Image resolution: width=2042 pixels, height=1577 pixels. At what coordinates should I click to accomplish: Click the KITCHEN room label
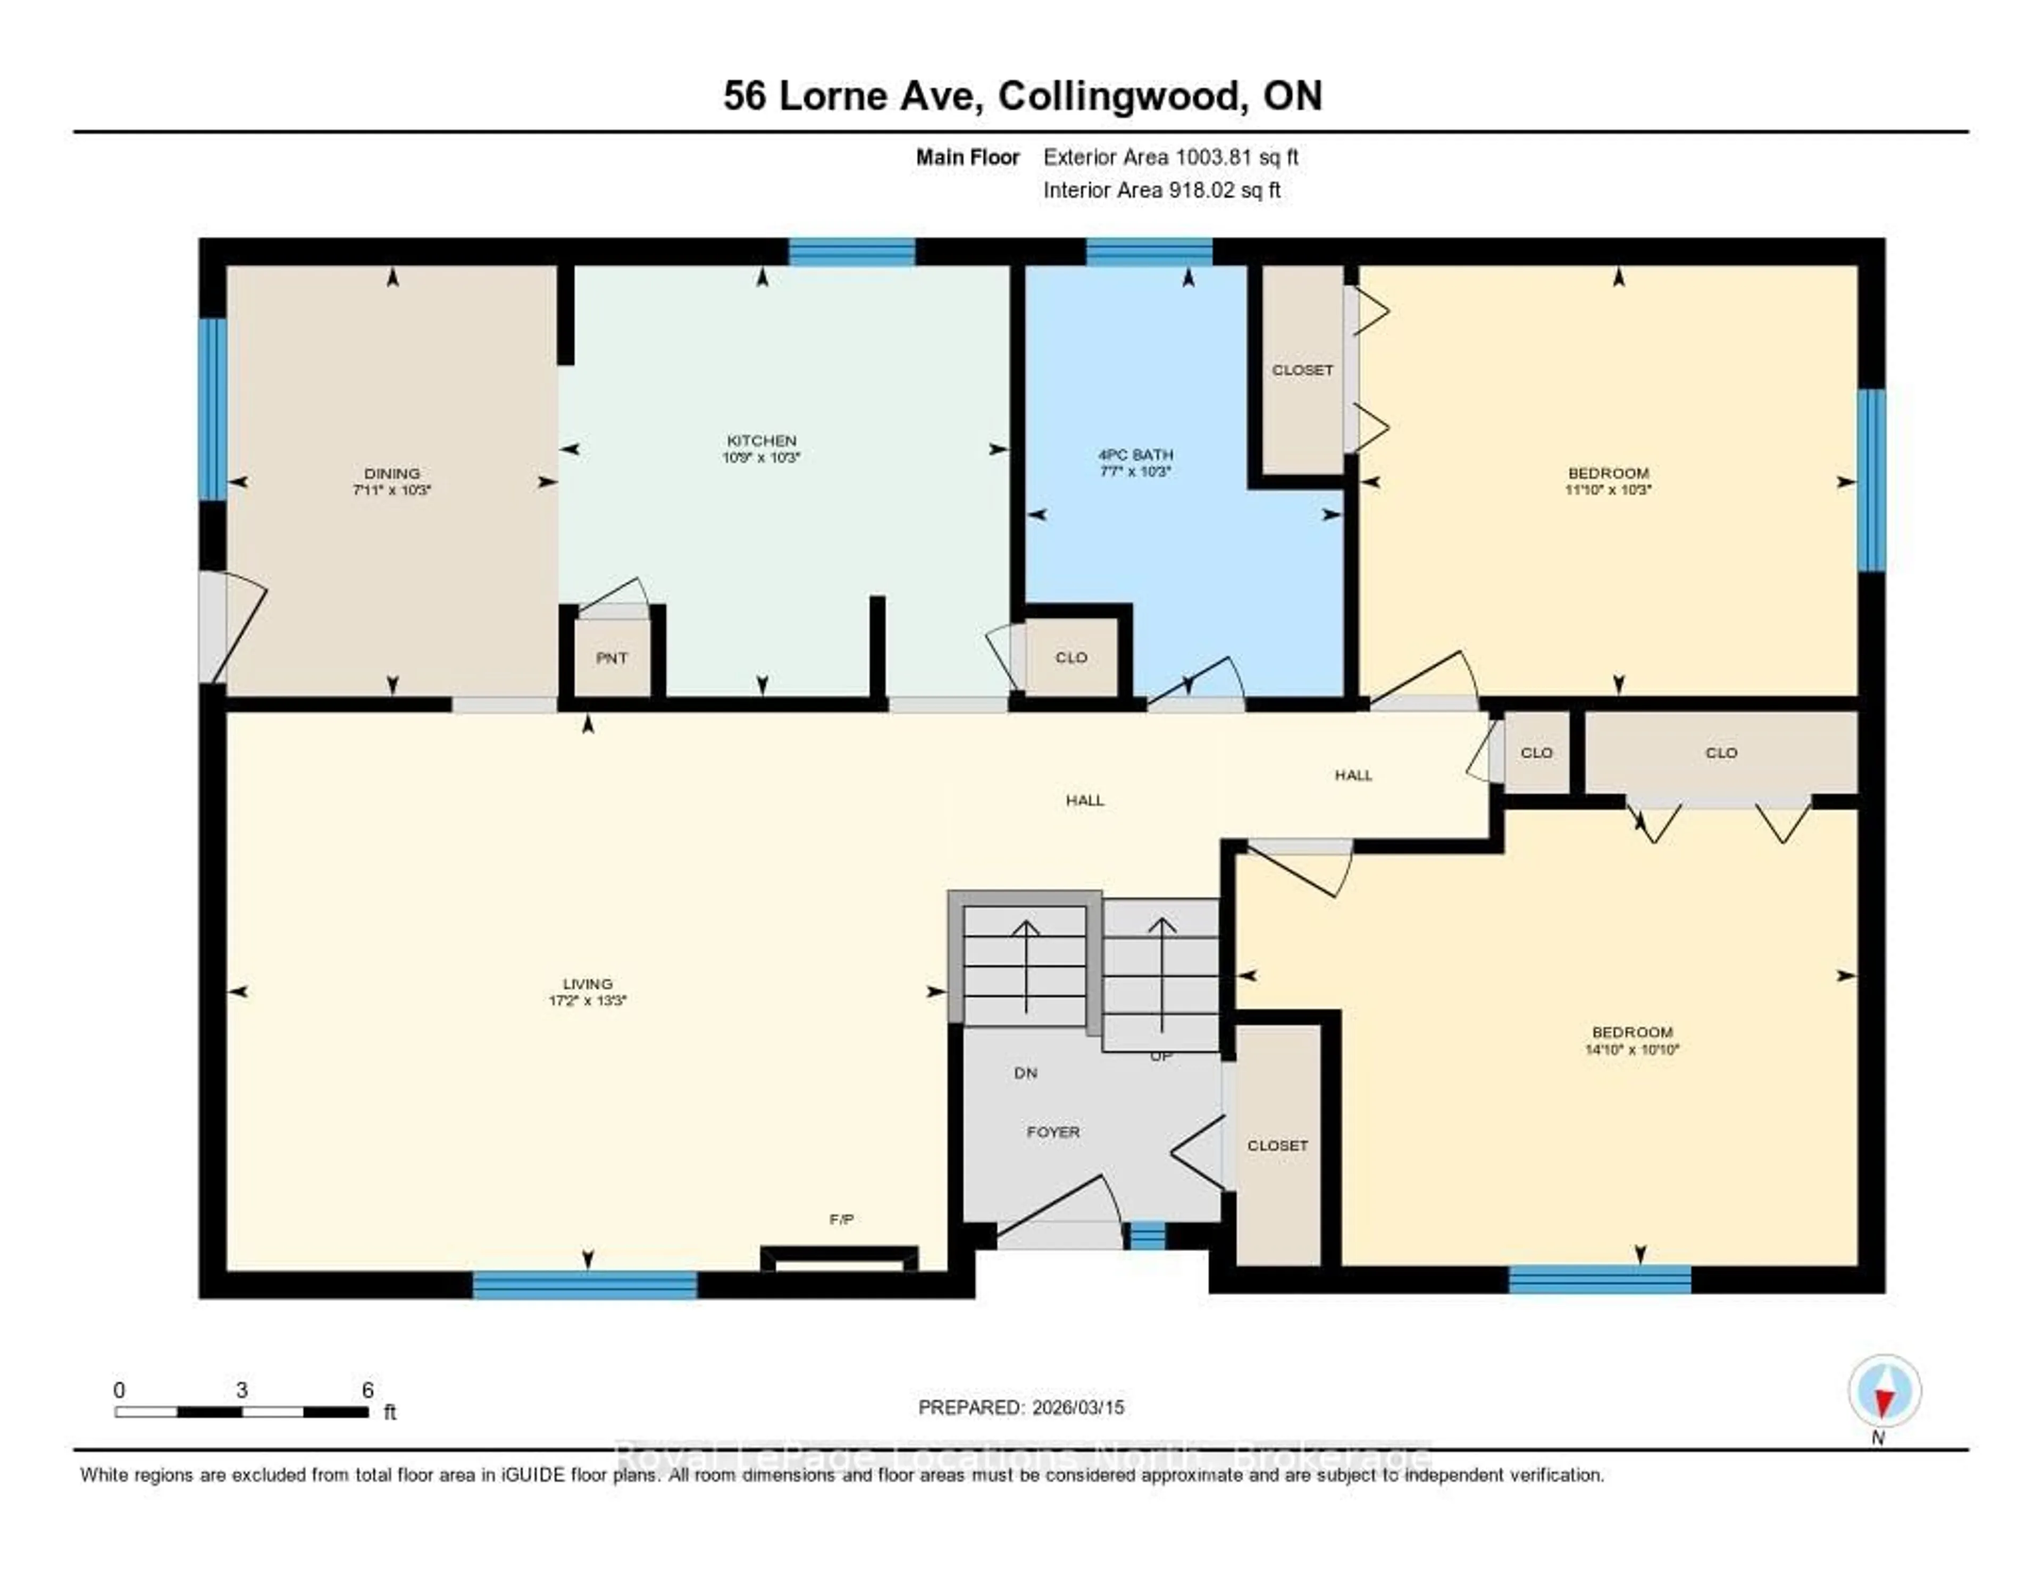point(761,440)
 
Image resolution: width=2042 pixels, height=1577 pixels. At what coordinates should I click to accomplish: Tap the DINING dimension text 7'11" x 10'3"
point(392,490)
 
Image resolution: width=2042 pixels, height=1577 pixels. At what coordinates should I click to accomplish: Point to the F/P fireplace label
point(841,1219)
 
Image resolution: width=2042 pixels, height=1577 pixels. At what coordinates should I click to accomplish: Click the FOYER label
point(1053,1132)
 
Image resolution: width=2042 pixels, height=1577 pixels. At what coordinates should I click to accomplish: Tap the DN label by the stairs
point(1026,1073)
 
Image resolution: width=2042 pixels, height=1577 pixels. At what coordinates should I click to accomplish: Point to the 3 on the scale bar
point(241,1390)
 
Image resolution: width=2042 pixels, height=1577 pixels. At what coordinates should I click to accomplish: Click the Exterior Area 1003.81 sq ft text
point(1170,157)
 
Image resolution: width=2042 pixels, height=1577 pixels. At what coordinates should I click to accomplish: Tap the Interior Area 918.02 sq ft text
point(1161,190)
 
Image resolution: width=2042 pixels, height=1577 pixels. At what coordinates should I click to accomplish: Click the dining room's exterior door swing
point(234,626)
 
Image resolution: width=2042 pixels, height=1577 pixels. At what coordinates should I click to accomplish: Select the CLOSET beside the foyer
point(1277,1145)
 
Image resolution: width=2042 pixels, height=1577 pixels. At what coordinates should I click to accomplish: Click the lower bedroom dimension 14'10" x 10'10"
point(1631,1050)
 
